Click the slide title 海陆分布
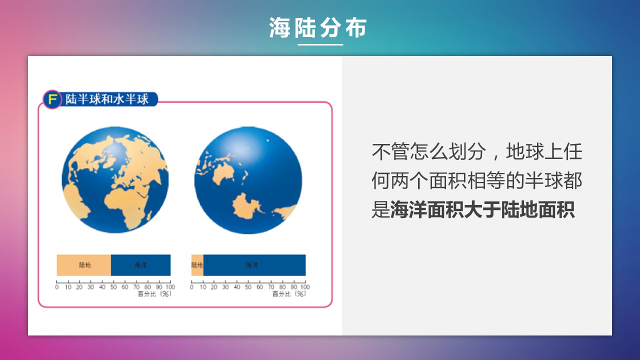click(x=317, y=27)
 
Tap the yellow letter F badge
click(x=52, y=99)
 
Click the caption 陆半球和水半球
click(x=107, y=99)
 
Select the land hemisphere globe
click(x=115, y=180)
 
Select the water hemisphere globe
click(x=248, y=180)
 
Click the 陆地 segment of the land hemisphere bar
click(x=83, y=265)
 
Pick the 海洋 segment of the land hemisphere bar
click(x=140, y=265)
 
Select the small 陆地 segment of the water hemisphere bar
click(x=197, y=265)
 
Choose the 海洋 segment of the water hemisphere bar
click(x=254, y=265)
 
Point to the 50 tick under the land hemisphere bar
click(x=113, y=287)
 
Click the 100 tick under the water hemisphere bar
click(x=305, y=287)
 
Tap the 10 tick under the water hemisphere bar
click(x=203, y=287)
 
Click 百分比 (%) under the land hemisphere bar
click(x=154, y=294)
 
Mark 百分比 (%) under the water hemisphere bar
click(x=289, y=294)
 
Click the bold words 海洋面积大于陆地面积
click(x=482, y=210)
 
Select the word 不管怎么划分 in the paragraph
click(x=428, y=151)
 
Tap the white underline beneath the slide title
click(x=320, y=44)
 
